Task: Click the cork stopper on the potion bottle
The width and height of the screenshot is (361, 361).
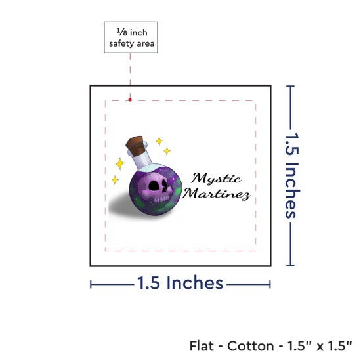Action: [x=137, y=145]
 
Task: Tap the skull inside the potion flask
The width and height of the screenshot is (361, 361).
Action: [x=156, y=187]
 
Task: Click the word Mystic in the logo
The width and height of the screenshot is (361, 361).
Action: [x=216, y=179]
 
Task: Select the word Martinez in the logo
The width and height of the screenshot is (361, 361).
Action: [x=216, y=194]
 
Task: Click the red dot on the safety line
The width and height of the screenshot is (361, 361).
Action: [x=130, y=100]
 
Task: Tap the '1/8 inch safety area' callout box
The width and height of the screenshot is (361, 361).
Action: [x=131, y=37]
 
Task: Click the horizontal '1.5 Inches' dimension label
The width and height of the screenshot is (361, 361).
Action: [x=180, y=283]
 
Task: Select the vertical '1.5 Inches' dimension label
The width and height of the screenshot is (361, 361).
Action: [x=291, y=175]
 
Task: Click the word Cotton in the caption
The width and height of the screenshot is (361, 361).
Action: [x=251, y=346]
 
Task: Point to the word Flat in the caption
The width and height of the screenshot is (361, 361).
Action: [x=202, y=346]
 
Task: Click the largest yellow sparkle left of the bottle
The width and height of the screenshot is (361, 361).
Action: [x=120, y=163]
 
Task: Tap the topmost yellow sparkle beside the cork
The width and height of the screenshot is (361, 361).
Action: [x=159, y=141]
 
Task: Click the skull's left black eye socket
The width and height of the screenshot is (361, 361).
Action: [x=154, y=186]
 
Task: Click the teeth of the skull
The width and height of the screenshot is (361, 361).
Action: [x=161, y=199]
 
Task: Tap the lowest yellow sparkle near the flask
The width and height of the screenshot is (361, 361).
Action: [x=115, y=180]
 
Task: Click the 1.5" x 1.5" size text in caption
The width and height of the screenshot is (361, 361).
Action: [x=320, y=346]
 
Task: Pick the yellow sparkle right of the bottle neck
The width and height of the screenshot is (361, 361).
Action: [x=167, y=151]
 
